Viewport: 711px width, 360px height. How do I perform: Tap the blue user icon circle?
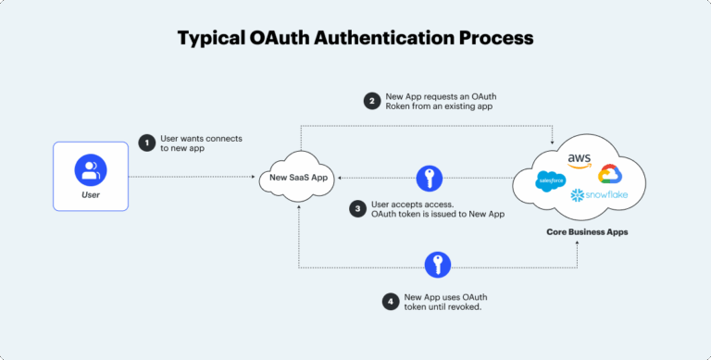(x=91, y=169)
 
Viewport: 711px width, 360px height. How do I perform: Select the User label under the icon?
(x=91, y=195)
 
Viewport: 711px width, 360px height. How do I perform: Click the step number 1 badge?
(x=146, y=143)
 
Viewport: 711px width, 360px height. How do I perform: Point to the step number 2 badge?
(x=371, y=102)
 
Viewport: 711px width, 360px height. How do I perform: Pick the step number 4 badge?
(x=393, y=301)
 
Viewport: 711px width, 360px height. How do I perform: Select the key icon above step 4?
(x=437, y=265)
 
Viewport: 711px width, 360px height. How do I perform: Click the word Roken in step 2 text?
(x=401, y=108)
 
